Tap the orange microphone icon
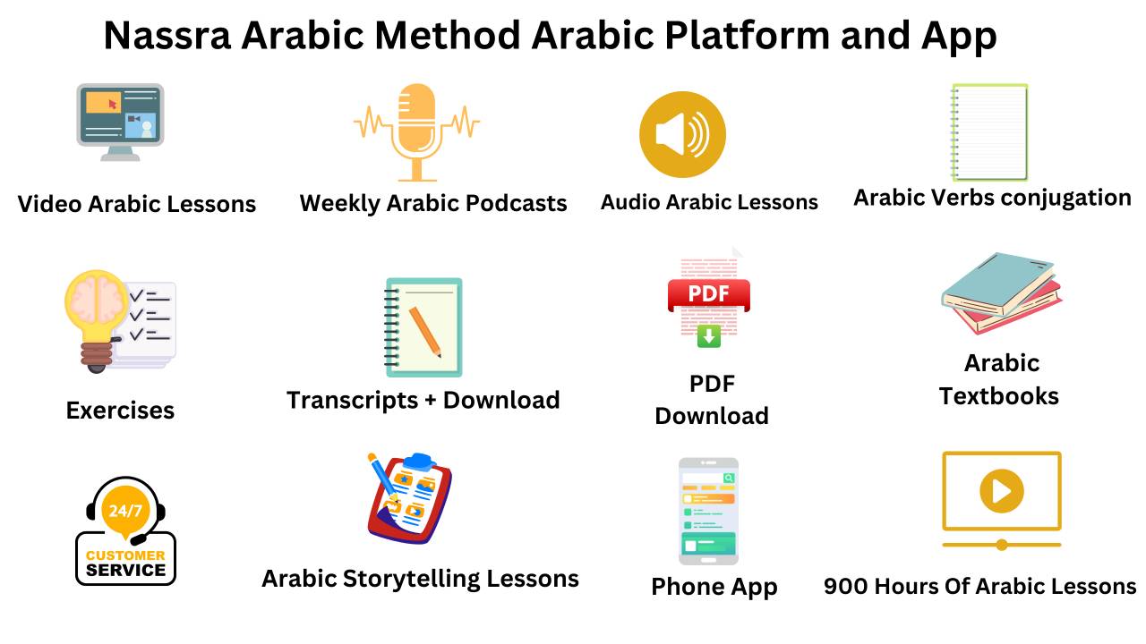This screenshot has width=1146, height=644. [x=416, y=125]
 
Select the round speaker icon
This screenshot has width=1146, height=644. [x=682, y=135]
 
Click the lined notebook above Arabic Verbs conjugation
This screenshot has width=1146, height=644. [x=989, y=132]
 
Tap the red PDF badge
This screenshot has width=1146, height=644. [x=708, y=294]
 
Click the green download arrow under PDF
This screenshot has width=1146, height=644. [x=709, y=336]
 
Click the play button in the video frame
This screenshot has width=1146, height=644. [x=1001, y=491]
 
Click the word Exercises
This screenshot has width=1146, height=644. [x=120, y=411]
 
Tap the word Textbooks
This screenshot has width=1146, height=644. [x=999, y=396]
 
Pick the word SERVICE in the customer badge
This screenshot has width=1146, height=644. [x=125, y=570]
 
